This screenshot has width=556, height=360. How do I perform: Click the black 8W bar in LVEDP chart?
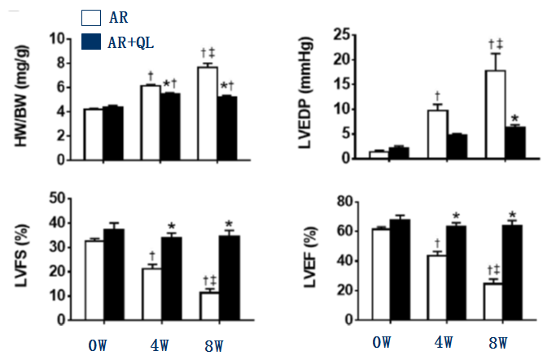(515, 142)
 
